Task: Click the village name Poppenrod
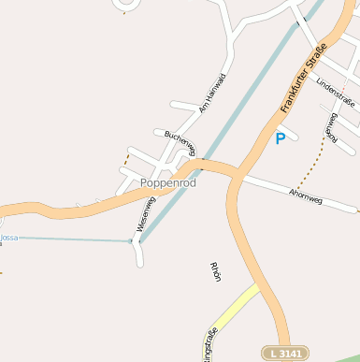(168, 183)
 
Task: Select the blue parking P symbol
(279, 139)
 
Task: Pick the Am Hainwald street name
(210, 93)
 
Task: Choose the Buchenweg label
(181, 141)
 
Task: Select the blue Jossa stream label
(8, 238)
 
